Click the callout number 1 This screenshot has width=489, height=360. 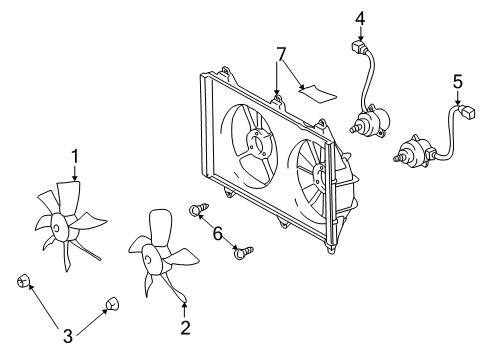[x=74, y=155]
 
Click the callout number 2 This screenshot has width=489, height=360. [x=184, y=326]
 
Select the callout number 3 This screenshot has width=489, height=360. [x=68, y=335]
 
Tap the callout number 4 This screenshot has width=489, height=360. [x=360, y=17]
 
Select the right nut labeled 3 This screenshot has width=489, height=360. [x=112, y=301]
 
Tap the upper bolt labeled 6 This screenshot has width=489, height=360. [x=197, y=211]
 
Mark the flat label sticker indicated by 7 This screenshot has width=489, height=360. [x=315, y=93]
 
